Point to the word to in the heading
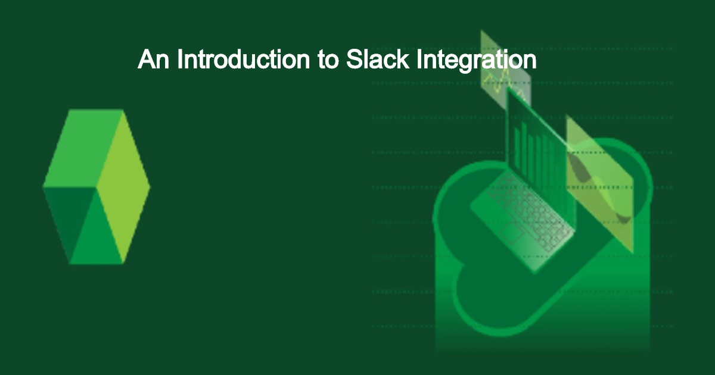328,61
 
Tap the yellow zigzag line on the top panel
499,77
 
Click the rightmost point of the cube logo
148,186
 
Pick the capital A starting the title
145,60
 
